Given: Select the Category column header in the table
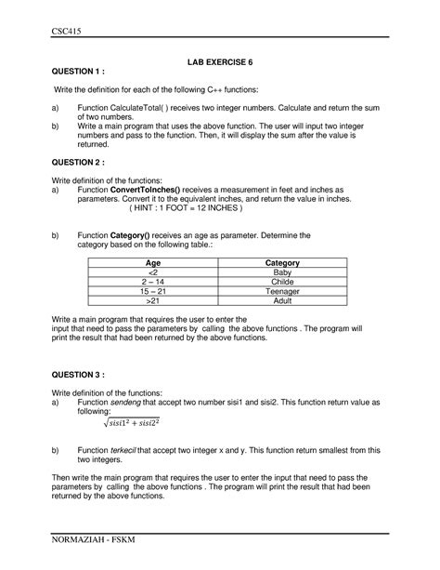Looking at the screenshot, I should click(282, 264).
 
